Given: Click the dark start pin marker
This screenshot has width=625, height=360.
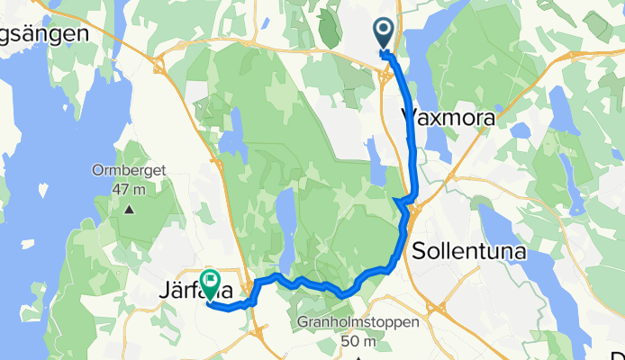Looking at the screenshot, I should (x=384, y=34).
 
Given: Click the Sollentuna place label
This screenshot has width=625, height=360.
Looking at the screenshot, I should (x=468, y=252).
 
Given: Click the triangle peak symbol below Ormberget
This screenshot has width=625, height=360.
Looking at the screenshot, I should (x=129, y=210).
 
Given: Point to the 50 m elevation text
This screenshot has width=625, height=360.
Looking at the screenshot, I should (x=358, y=341).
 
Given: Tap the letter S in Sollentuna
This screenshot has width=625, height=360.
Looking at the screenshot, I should (x=418, y=252).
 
